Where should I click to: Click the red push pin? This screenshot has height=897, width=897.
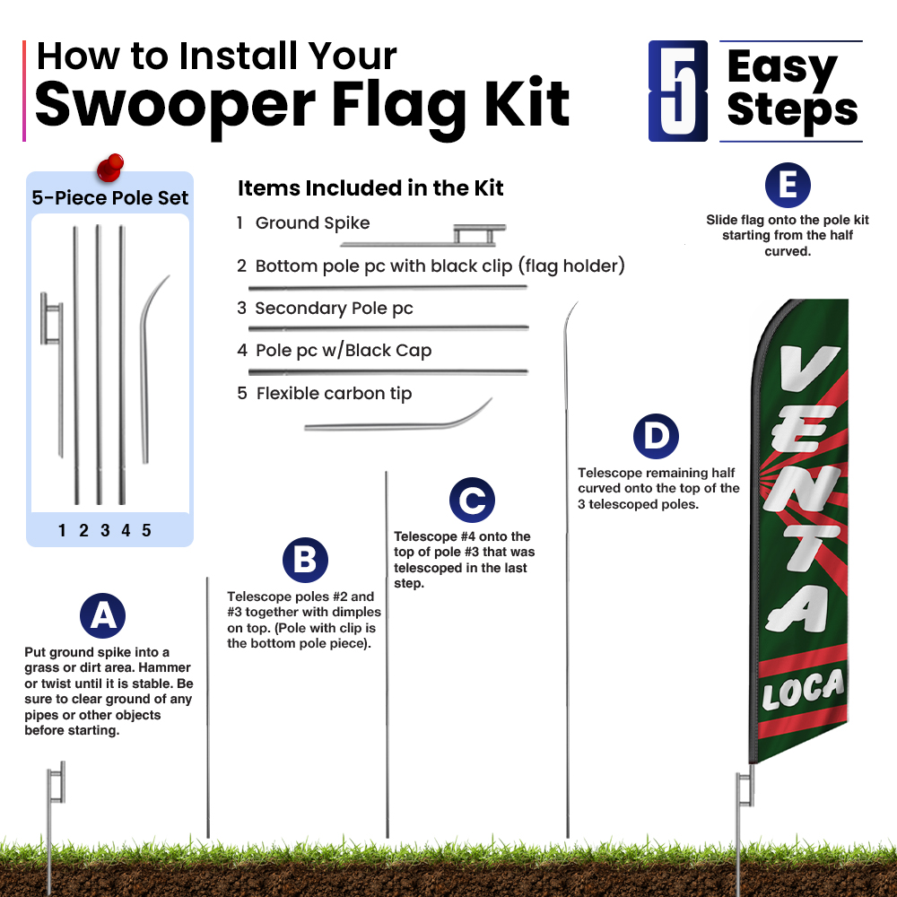click(109, 167)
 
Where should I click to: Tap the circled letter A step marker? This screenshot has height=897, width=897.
click(102, 615)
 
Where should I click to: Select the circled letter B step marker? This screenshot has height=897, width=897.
click(305, 560)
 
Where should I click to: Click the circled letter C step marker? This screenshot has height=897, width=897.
click(472, 500)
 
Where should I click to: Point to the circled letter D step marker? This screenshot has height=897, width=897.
click(656, 436)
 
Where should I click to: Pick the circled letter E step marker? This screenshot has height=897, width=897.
click(788, 185)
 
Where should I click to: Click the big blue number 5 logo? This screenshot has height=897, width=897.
click(678, 91)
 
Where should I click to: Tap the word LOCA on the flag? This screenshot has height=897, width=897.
click(803, 690)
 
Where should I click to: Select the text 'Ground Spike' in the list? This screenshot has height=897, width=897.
click(312, 222)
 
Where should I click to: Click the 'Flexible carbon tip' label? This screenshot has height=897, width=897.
click(334, 393)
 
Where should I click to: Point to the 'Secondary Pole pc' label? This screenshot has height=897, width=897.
click(334, 308)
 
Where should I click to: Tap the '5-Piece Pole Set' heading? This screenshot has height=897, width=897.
click(109, 197)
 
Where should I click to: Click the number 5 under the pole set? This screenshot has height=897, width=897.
click(146, 530)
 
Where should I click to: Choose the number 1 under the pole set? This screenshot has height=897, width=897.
click(62, 530)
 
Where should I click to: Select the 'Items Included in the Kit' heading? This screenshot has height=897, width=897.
click(370, 187)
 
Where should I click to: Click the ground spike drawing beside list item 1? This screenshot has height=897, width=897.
click(423, 236)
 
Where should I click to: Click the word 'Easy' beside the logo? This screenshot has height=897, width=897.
click(782, 67)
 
